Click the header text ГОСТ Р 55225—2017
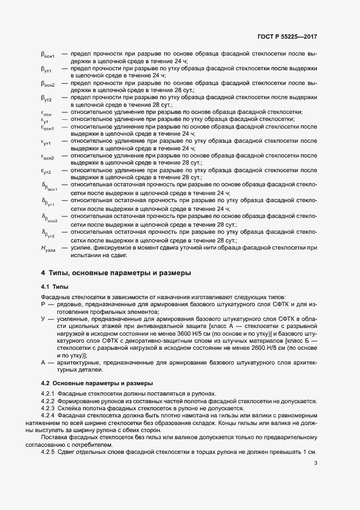click(x=287, y=37)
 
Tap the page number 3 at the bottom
click(x=315, y=463)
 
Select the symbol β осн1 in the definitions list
click(x=48, y=56)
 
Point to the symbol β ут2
click(x=46, y=98)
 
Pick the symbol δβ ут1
click(x=48, y=202)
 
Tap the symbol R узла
click(x=47, y=249)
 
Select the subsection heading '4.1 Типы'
click(x=55, y=287)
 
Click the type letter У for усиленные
click(x=43, y=318)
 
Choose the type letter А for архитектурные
click(x=43, y=362)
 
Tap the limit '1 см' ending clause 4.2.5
click(x=310, y=453)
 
